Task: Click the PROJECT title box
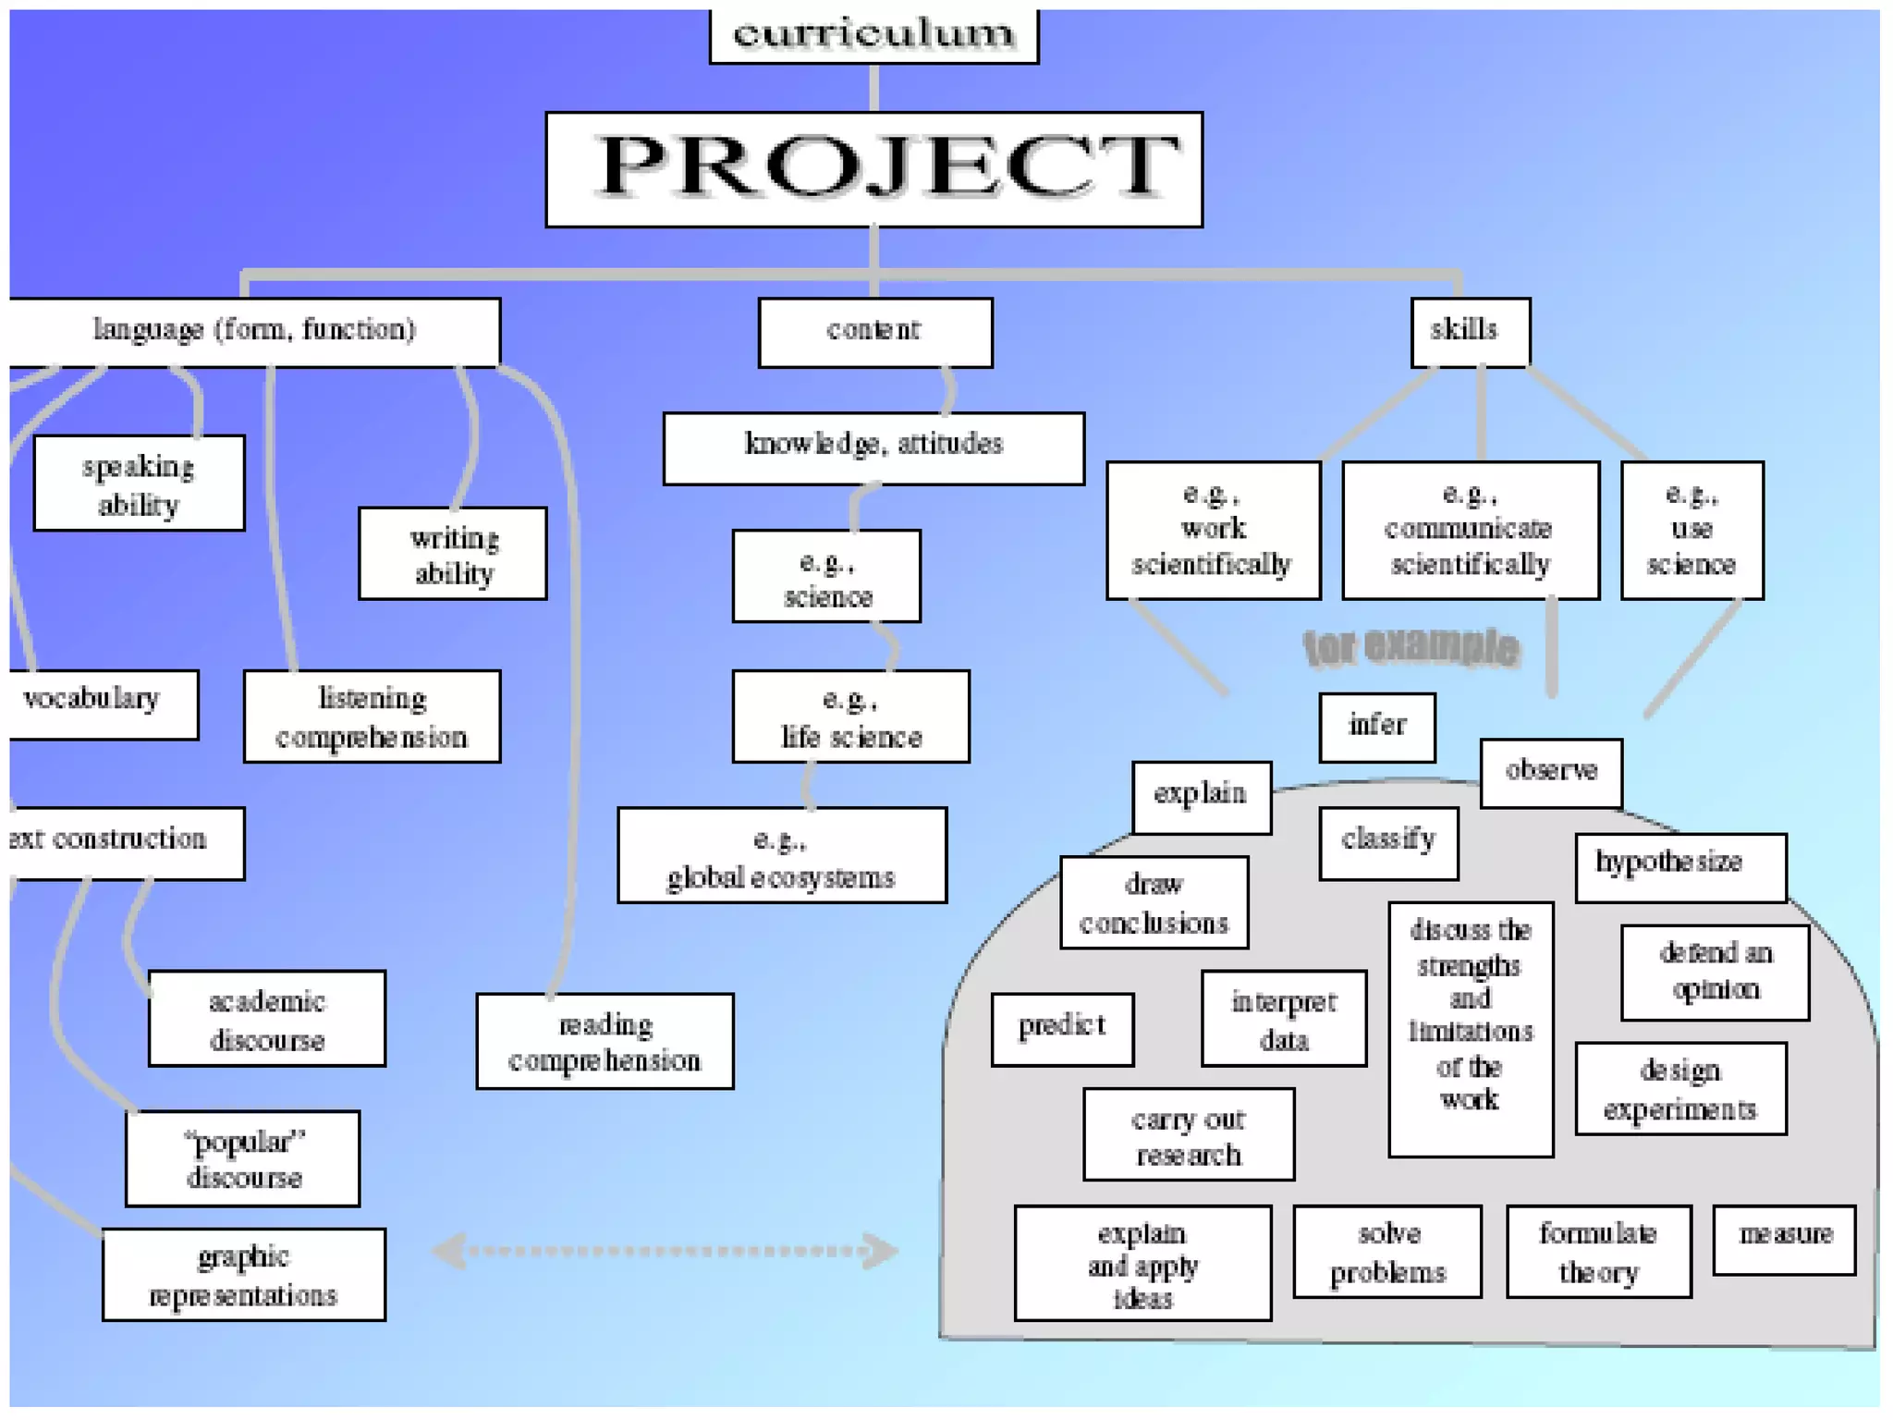click(x=873, y=169)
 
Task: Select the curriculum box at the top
click(x=873, y=35)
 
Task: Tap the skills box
click(x=1470, y=332)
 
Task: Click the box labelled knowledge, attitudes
click(x=873, y=447)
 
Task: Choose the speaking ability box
click(x=139, y=483)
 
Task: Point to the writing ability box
click(x=453, y=553)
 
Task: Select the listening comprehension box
click(x=372, y=716)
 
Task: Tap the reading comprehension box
click(x=605, y=1041)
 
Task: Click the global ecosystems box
click(x=782, y=855)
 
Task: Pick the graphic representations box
click(x=243, y=1275)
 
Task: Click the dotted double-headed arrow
click(x=666, y=1251)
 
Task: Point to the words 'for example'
click(x=1411, y=647)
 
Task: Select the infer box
click(x=1377, y=727)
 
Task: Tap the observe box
click(x=1551, y=773)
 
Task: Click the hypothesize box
click(x=1680, y=866)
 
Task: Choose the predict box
click(x=1062, y=1029)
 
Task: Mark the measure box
click(x=1784, y=1239)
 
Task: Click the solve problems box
click(x=1386, y=1251)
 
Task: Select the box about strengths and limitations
click(x=1471, y=1028)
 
